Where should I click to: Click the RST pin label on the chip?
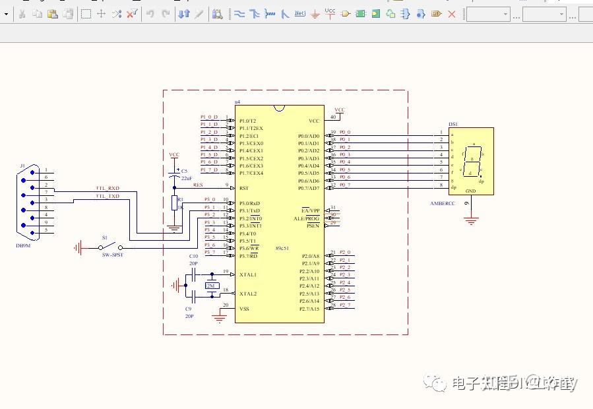click(x=243, y=188)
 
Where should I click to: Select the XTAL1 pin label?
click(x=248, y=274)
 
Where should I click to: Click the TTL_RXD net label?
click(x=108, y=189)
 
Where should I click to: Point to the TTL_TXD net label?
click(x=108, y=197)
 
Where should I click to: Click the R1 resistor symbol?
click(x=175, y=203)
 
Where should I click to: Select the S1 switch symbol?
click(x=109, y=248)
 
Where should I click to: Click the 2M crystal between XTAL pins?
click(x=211, y=286)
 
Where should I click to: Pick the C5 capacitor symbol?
click(x=175, y=175)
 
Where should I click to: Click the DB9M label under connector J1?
click(x=24, y=245)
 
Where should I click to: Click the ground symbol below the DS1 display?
click(x=470, y=221)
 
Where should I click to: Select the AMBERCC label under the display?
click(x=442, y=204)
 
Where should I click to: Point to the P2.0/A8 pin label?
click(x=310, y=256)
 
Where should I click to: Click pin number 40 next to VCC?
click(x=332, y=117)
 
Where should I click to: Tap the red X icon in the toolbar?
click(x=452, y=13)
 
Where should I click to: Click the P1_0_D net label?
click(x=209, y=117)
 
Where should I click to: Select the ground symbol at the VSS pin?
click(x=220, y=318)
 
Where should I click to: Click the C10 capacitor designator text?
click(x=193, y=256)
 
